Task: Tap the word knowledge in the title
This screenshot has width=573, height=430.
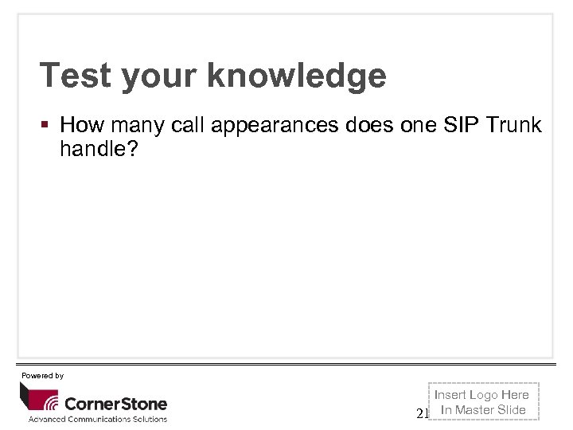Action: coord(297,76)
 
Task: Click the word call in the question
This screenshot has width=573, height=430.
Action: coord(185,125)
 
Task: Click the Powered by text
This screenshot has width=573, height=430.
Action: coord(42,375)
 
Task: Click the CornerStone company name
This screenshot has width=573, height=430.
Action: coord(115,403)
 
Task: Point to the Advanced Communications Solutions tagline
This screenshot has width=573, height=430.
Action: coord(98,419)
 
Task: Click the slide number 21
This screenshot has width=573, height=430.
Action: coord(423,413)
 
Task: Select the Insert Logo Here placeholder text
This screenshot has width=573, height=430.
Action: coord(481,395)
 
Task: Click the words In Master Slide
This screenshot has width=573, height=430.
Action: coord(483,410)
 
